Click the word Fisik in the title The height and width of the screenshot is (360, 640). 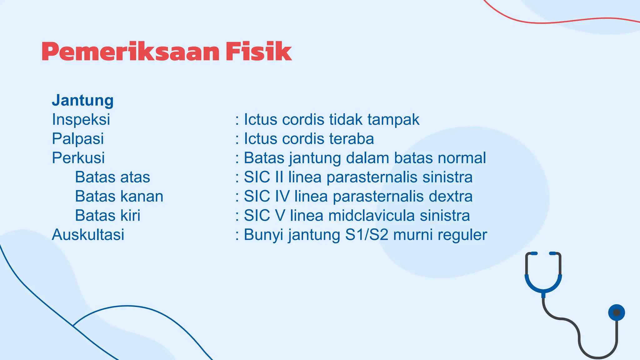(x=259, y=52)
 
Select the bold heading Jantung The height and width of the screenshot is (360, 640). (x=83, y=101)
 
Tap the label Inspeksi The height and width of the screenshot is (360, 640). (x=81, y=120)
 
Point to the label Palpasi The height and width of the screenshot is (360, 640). (x=78, y=139)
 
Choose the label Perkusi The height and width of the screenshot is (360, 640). (x=78, y=158)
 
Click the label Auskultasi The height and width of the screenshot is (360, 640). (x=88, y=235)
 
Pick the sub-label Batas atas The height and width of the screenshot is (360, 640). (x=112, y=177)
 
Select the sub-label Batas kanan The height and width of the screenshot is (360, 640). (x=119, y=197)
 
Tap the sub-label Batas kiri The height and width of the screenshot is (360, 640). (x=107, y=216)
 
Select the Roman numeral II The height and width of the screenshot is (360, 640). (x=279, y=177)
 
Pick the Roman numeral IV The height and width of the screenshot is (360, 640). (x=282, y=197)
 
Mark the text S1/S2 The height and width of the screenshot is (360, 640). (x=367, y=235)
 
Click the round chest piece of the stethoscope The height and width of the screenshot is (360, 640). (x=616, y=312)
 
